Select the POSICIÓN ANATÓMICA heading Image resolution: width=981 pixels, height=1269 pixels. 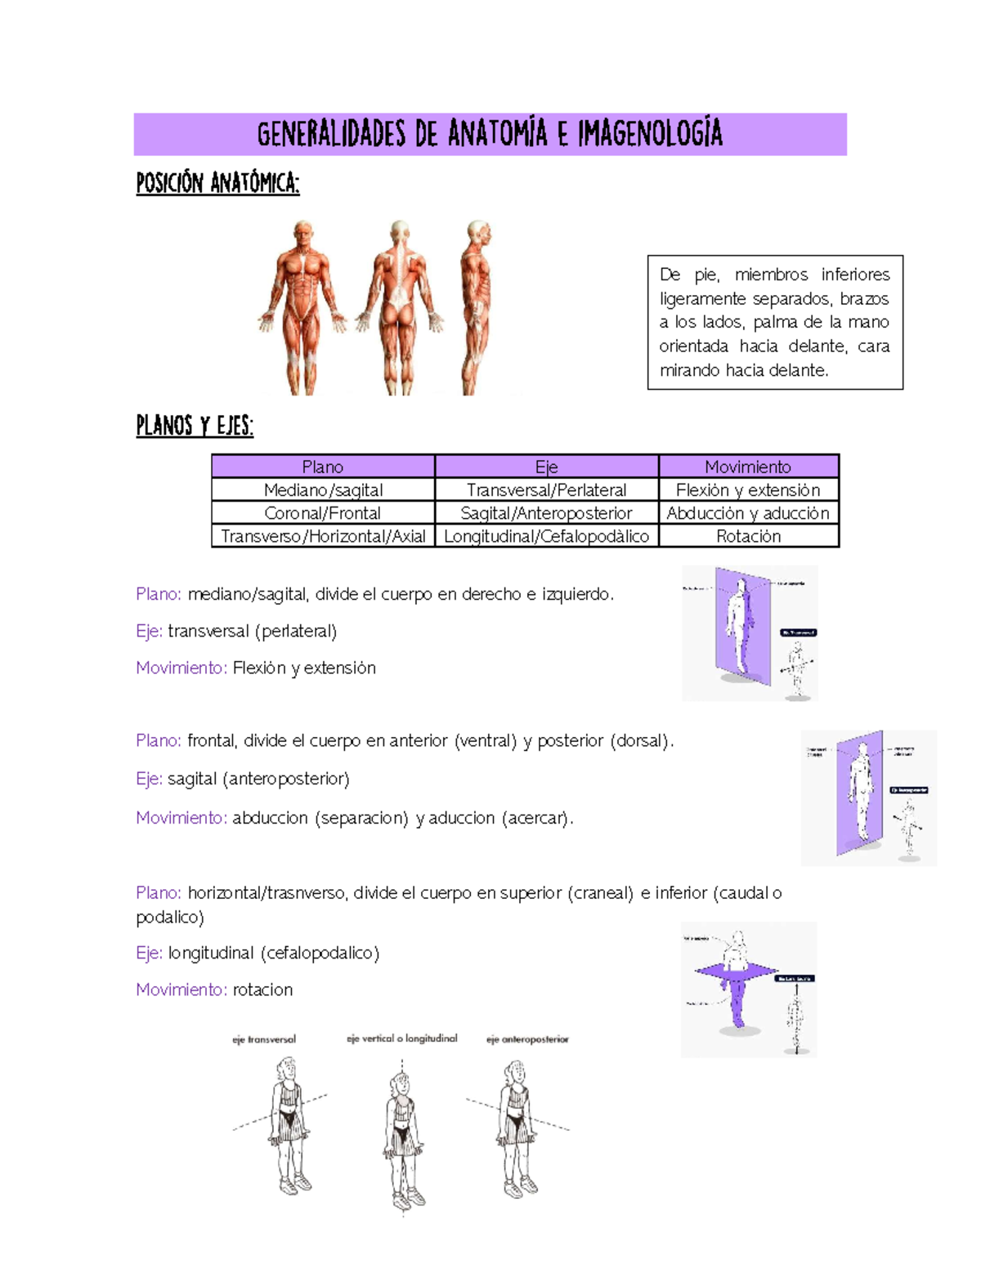coord(217,182)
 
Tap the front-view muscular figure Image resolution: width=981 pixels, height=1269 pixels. coord(303,306)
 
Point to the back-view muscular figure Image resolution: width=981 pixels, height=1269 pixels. coord(399,306)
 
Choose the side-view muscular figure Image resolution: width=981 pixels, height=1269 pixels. coord(477,306)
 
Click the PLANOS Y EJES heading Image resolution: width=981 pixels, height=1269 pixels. coord(195,426)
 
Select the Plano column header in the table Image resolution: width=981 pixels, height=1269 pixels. coord(323,467)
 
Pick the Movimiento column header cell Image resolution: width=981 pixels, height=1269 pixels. coord(748,467)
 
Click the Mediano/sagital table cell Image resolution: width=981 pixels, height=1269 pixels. coord(323,489)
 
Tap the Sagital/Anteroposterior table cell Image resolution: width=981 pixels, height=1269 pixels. coord(546,512)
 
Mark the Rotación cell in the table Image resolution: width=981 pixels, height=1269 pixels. coord(748,536)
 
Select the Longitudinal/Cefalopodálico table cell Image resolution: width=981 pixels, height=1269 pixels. coord(546,536)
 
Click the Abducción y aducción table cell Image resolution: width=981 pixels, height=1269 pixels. coord(748,512)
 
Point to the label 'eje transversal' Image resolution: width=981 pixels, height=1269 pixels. coord(264,1039)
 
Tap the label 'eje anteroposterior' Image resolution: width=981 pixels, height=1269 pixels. coord(527,1039)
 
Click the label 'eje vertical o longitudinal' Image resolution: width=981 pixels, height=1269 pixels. coord(401,1039)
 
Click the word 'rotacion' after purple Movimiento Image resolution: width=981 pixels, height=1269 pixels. coord(262,990)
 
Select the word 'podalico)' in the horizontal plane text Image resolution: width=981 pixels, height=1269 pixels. coord(170,917)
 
